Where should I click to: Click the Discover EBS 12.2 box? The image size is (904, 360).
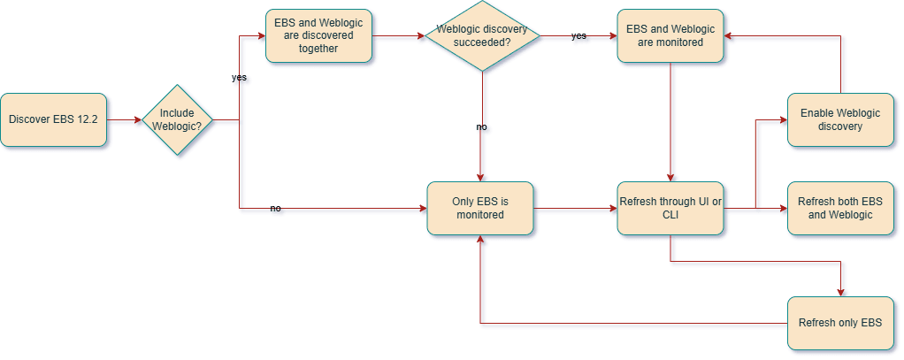tap(53, 119)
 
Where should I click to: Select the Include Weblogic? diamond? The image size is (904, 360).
tap(177, 119)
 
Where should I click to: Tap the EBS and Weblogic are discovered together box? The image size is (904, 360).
tap(318, 36)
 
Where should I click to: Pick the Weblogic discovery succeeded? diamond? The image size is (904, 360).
tap(481, 36)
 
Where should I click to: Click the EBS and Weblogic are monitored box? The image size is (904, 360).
tap(670, 36)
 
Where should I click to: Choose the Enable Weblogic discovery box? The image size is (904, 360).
tap(839, 119)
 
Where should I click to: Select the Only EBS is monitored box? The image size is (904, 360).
tap(480, 209)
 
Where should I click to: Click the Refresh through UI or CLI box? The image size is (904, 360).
tap(670, 209)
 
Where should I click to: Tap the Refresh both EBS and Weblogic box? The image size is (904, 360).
tap(839, 209)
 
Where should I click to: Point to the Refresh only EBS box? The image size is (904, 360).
tap(839, 322)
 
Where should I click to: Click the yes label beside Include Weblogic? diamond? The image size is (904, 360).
tap(239, 78)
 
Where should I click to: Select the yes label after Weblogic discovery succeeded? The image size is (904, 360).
tap(578, 36)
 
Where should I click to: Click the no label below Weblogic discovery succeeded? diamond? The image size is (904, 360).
tap(481, 126)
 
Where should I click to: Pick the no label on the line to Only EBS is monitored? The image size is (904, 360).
tap(275, 209)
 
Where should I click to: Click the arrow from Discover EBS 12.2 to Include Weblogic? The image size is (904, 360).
tap(124, 119)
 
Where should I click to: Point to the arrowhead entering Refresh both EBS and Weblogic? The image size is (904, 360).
tap(782, 209)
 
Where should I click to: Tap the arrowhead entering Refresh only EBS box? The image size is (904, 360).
tap(839, 292)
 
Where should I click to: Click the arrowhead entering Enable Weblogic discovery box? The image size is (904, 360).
tap(782, 119)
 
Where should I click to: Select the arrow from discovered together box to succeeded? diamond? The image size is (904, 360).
tap(398, 36)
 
